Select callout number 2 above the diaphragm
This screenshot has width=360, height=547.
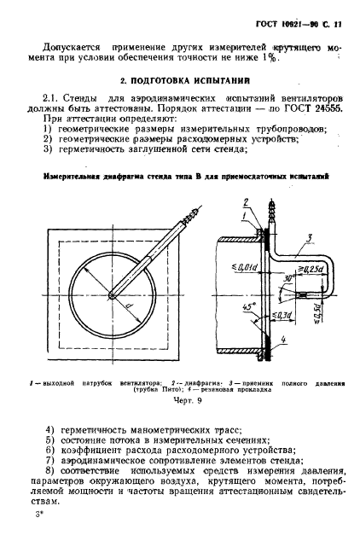247,201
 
